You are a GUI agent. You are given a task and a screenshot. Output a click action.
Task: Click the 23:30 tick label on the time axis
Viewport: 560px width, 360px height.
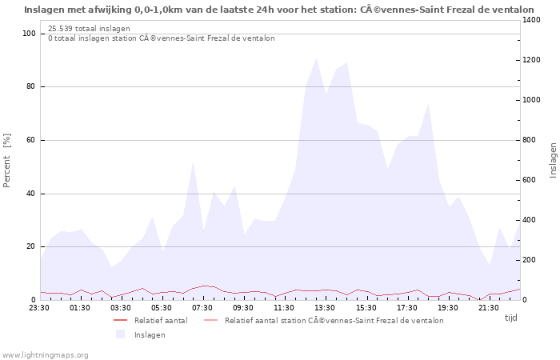[38, 307]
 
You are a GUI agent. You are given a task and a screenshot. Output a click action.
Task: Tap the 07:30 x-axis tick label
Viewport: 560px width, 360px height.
[203, 307]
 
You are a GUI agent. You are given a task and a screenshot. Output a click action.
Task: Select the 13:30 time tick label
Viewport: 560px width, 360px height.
[325, 307]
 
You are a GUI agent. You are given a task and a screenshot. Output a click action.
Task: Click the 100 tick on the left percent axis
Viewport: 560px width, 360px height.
[29, 34]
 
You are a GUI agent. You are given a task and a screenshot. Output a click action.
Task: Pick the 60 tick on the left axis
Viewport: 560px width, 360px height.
[30, 140]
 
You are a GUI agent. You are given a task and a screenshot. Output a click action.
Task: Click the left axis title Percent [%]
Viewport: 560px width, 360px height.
[7, 160]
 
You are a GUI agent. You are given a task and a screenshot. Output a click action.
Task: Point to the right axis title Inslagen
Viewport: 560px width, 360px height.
[553, 160]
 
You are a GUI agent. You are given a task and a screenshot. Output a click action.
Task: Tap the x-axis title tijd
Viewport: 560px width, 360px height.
[510, 318]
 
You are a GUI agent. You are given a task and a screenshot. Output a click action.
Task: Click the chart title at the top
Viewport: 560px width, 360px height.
[279, 10]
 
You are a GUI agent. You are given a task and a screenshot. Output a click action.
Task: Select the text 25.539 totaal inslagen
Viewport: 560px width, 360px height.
[89, 29]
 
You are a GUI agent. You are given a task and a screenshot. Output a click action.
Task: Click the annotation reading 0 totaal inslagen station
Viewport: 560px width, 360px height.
[161, 38]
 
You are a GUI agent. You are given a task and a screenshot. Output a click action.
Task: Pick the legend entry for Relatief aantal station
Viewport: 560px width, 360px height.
[334, 320]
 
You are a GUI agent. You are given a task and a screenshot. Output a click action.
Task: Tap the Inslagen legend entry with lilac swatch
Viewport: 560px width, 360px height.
[150, 334]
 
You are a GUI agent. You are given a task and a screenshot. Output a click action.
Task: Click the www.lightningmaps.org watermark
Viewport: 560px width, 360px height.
[45, 354]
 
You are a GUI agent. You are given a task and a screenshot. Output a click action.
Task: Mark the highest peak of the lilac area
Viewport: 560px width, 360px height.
[317, 58]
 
